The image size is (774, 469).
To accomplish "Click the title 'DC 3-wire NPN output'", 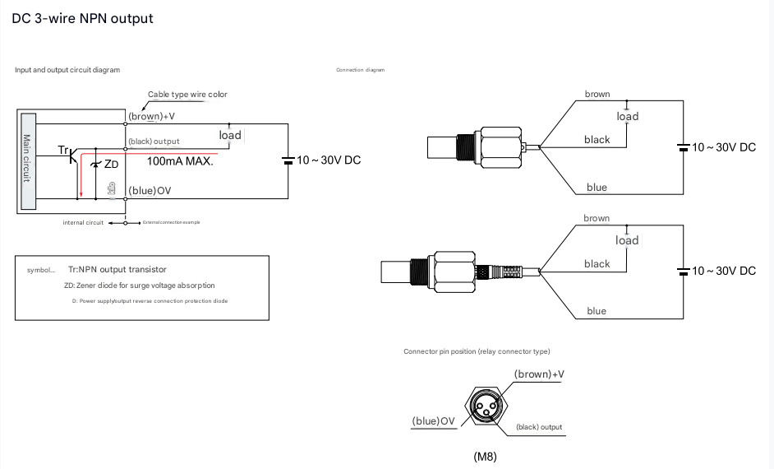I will click(83, 18).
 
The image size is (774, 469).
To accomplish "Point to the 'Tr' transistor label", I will click(63, 150).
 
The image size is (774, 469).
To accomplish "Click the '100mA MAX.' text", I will click(180, 161).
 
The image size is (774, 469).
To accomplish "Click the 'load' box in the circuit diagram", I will click(230, 135).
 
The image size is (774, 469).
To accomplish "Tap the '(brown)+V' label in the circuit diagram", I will click(152, 116).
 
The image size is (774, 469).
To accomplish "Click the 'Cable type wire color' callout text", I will click(187, 95).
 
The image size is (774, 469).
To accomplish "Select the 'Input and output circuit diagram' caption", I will click(67, 70).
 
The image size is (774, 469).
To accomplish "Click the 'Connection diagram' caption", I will click(360, 70).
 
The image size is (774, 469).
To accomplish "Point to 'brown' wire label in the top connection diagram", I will click(597, 94).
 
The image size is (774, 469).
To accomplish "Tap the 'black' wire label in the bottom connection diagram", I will click(597, 264).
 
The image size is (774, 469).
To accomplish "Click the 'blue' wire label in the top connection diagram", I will click(597, 188).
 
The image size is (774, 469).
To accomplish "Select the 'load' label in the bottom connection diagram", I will click(627, 240).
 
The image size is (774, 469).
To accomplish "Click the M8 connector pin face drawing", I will click(486, 405).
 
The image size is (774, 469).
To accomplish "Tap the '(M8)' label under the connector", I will click(486, 456).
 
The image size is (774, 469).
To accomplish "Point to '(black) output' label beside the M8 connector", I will click(539, 427).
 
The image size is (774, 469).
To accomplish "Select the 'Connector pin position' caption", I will click(477, 351).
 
